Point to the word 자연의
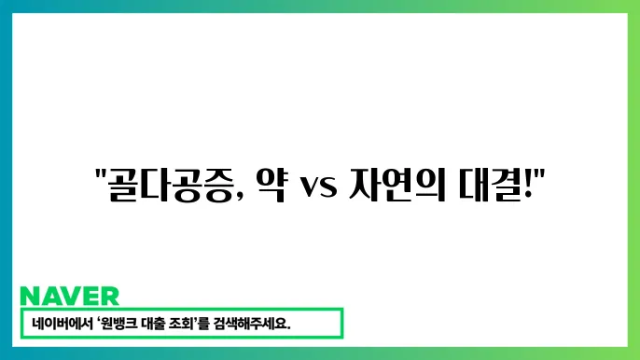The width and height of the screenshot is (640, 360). click(393, 180)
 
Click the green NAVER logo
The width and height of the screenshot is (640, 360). click(69, 297)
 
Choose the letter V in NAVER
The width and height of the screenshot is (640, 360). click(70, 297)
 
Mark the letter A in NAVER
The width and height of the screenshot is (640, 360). click(50, 297)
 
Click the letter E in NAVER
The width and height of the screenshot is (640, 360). click(90, 297)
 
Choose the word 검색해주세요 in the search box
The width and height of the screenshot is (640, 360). click(264, 324)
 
